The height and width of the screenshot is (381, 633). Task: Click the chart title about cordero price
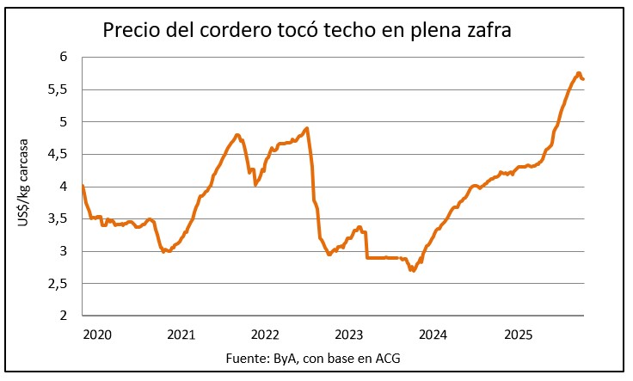308,31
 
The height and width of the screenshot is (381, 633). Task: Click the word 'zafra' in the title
488,31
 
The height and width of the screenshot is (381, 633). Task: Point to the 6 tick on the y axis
63,57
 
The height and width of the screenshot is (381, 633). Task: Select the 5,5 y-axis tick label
58,89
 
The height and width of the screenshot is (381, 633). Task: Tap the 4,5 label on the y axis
58,154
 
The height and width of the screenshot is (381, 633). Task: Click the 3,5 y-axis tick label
58,219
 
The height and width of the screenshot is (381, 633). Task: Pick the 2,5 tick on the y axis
58,284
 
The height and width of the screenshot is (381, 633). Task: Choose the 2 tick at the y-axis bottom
63,316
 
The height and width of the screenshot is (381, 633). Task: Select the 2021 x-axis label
181,334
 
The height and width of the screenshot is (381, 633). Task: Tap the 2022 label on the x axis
265,334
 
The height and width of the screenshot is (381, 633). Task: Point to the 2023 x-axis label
349,334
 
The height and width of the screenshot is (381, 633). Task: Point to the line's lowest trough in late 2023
414,270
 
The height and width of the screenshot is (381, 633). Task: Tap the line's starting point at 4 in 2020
83,187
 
